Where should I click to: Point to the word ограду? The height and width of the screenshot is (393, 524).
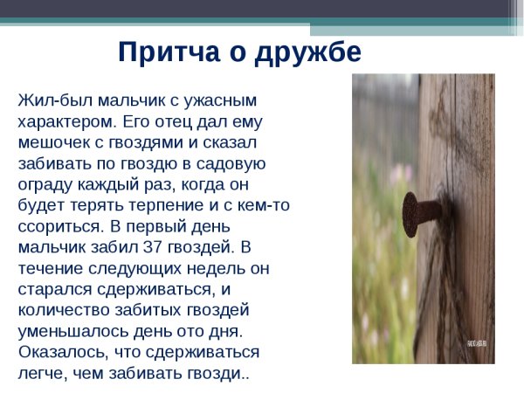[46, 184]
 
